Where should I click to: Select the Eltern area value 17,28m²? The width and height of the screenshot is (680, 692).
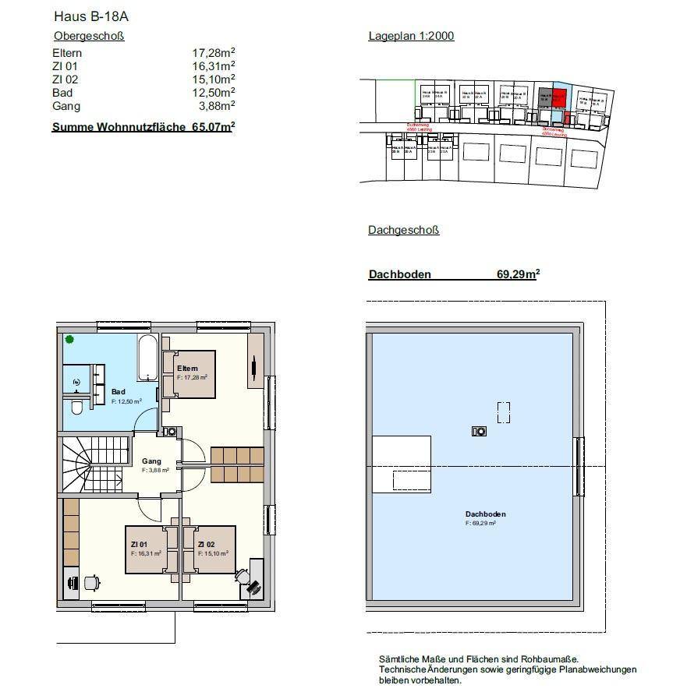click(x=214, y=52)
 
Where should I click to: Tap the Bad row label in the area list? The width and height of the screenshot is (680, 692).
click(x=62, y=93)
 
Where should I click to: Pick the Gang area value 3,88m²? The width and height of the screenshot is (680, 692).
click(x=216, y=106)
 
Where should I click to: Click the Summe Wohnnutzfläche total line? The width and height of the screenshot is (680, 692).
click(x=143, y=126)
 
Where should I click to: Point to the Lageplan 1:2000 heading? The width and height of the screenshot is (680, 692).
click(x=411, y=36)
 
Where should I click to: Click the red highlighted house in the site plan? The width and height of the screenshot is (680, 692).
click(x=559, y=98)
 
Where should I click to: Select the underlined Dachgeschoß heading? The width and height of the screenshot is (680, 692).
click(x=403, y=230)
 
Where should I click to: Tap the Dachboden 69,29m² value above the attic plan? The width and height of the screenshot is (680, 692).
click(x=518, y=274)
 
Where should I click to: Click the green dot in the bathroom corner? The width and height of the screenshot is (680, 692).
click(x=69, y=339)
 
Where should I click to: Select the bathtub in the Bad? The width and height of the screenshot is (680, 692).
click(x=148, y=358)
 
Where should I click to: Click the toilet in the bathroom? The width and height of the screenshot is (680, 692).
click(x=76, y=408)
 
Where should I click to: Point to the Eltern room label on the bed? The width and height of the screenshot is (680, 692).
click(x=187, y=368)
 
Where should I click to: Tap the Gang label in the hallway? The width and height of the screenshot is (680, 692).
click(x=151, y=461)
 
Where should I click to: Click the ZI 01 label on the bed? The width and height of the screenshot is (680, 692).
click(x=140, y=544)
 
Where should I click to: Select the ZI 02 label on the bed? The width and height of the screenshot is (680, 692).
click(x=207, y=544)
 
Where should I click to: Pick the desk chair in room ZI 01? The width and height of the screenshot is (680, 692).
click(x=91, y=582)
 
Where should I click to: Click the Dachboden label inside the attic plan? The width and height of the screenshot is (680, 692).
click(x=485, y=514)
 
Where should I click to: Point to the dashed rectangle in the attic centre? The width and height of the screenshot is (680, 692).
click(x=505, y=411)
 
